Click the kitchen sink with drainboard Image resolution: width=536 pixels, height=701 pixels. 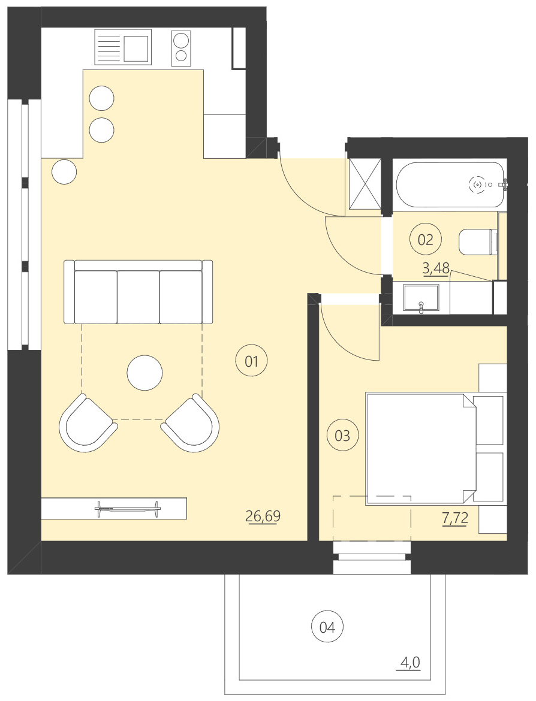pos(122,47)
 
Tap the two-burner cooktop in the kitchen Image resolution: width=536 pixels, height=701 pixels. pos(181,48)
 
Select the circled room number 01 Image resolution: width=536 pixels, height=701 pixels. pos(251,361)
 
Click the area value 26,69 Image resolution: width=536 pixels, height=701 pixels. pos(263,516)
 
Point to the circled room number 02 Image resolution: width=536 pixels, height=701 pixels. pos(425,240)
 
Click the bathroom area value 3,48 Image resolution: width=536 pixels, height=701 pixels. pos(436,268)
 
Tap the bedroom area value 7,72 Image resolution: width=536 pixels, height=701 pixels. pos(454,519)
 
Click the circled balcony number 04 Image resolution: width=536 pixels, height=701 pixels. pos(327,627)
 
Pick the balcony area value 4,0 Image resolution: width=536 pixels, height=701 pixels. pos(410,663)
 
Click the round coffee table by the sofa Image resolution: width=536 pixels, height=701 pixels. pos(144,373)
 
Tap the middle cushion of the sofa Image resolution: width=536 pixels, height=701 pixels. pos(138,297)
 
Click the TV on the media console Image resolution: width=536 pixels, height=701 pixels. pos(128,509)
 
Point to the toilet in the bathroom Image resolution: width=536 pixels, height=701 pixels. pos(477,242)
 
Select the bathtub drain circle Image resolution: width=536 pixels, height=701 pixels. pos(478,185)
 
